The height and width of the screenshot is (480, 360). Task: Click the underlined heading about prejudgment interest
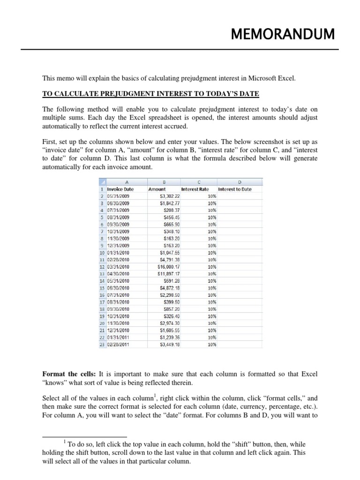(x=150, y=94)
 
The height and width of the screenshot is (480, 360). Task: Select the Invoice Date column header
(x=120, y=189)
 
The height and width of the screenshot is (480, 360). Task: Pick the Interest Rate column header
(x=195, y=189)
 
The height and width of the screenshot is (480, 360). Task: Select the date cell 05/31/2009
(x=118, y=196)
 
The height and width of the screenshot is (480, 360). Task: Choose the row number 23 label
(x=102, y=344)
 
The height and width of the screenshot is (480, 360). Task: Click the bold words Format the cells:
(x=69, y=375)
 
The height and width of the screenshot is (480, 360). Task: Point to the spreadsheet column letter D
(x=239, y=182)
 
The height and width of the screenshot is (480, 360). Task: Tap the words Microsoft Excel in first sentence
(x=271, y=79)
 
